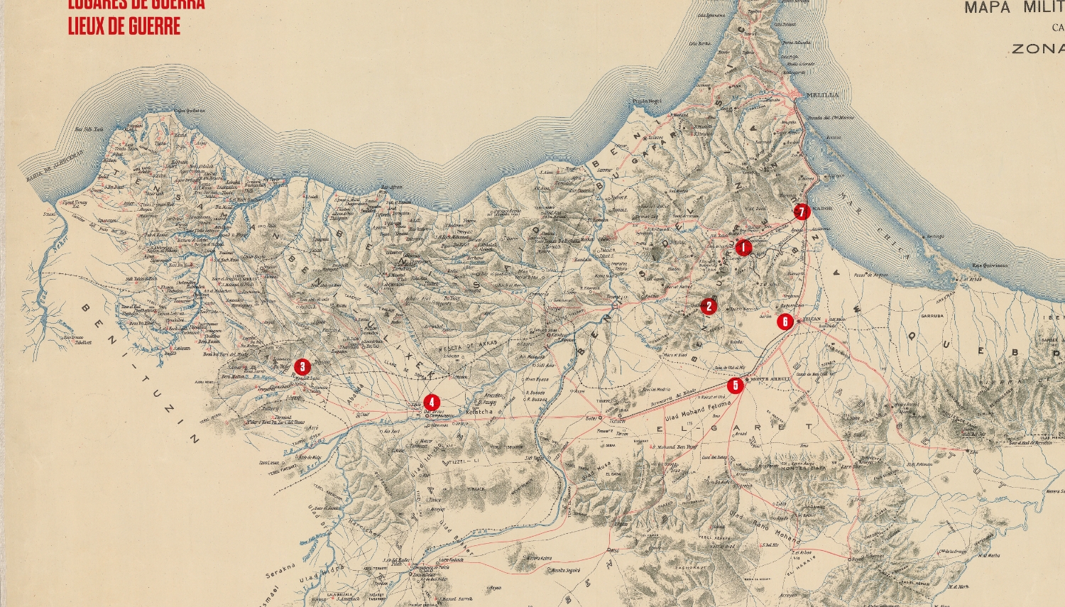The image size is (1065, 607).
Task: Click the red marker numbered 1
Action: [x=743, y=248]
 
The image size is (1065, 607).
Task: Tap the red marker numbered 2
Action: [x=708, y=306]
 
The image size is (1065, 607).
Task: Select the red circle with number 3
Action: [x=302, y=366]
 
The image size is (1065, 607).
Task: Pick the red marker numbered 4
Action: [x=430, y=402]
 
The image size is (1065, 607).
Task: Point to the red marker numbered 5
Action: [x=735, y=385]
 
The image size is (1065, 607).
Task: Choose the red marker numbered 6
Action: [x=785, y=322]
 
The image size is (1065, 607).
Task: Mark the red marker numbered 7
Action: [x=801, y=212]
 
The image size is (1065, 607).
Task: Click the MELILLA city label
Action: [x=822, y=94]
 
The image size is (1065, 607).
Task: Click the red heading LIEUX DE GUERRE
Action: [x=124, y=27]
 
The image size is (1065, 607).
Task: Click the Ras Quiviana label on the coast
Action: [x=990, y=266]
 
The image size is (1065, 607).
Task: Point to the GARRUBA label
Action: [x=932, y=316]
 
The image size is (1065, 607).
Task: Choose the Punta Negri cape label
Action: [x=646, y=102]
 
